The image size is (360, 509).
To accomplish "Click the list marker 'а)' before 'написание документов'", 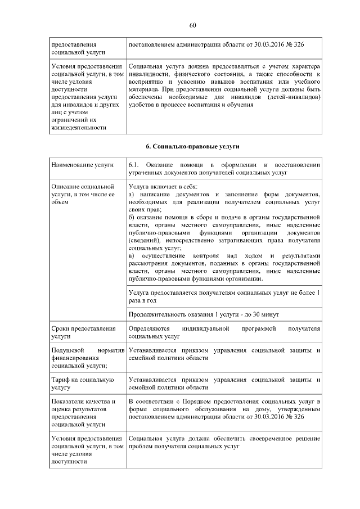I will (132, 193).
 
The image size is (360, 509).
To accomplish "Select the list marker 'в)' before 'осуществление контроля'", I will (132, 256).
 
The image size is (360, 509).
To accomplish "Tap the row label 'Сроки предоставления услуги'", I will (83, 332).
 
